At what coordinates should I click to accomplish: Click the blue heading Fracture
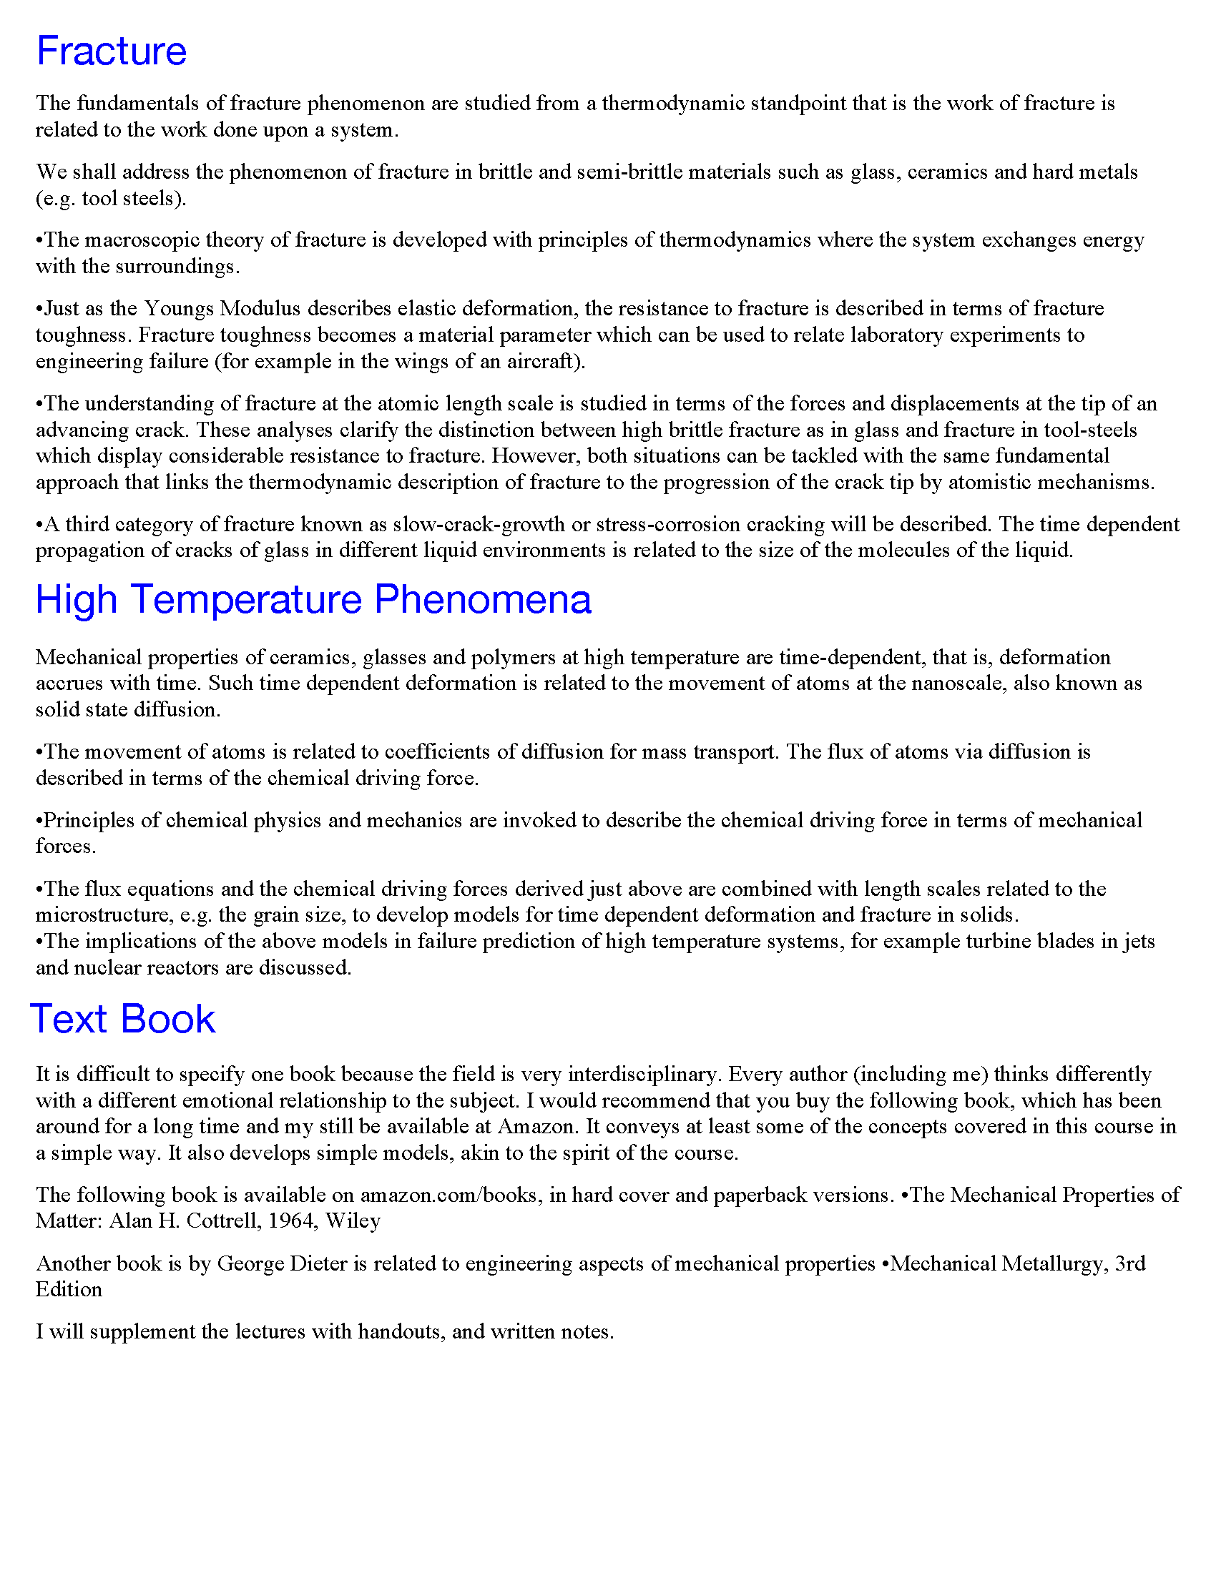[x=112, y=51]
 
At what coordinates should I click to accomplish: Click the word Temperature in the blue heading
[x=246, y=599]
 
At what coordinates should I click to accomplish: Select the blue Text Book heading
[x=122, y=1018]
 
